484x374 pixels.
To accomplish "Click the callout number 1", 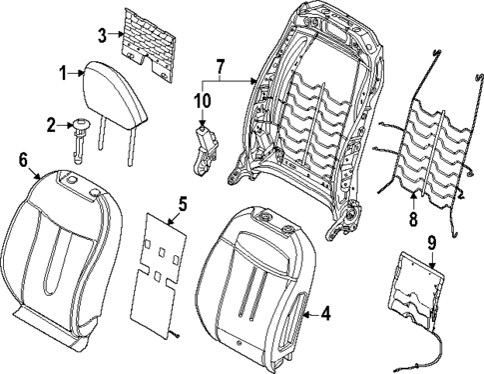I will click(62, 73).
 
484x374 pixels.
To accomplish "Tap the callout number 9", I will click(431, 241).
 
